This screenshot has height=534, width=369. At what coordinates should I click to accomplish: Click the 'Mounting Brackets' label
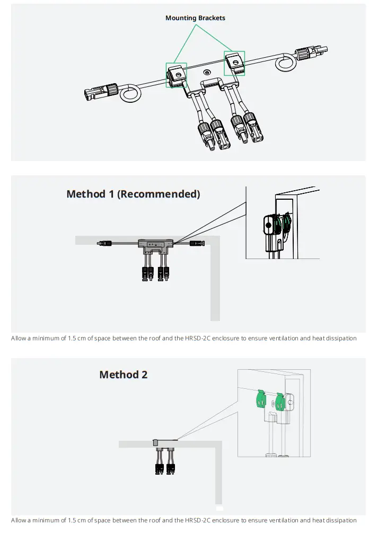click(x=195, y=18)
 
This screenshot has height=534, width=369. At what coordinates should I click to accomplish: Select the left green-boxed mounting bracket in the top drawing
click(x=177, y=75)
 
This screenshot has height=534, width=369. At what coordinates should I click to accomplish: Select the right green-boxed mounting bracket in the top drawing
click(x=234, y=63)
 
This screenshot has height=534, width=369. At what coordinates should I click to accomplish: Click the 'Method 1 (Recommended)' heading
click(x=133, y=194)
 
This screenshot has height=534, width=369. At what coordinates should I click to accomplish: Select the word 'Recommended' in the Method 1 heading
click(x=158, y=194)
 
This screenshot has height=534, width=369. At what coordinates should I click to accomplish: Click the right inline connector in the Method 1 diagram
click(x=197, y=244)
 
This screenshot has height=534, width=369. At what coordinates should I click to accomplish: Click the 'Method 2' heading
click(x=123, y=375)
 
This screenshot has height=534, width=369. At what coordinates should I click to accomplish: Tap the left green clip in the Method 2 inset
click(x=260, y=398)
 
